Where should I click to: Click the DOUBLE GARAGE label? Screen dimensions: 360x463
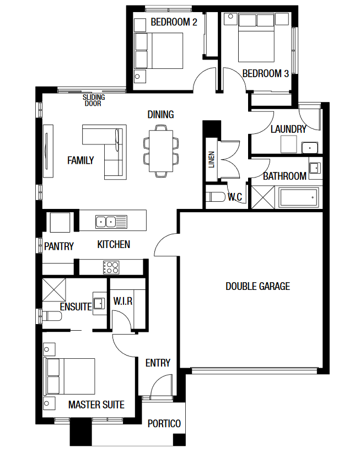click(x=257, y=286)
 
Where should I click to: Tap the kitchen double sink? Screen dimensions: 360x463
click(x=111, y=222)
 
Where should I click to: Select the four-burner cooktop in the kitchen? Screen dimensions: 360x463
click(x=111, y=267)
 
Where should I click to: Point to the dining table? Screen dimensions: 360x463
click(x=160, y=151)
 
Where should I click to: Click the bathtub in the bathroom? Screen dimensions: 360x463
click(x=299, y=197)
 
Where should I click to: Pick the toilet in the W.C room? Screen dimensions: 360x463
click(x=215, y=197)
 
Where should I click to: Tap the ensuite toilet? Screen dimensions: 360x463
click(x=52, y=316)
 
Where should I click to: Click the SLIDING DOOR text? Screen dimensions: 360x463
click(x=94, y=100)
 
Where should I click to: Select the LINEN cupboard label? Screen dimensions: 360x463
click(x=212, y=160)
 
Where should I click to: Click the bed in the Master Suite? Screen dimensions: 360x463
click(x=69, y=376)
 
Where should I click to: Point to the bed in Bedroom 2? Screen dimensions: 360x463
click(x=159, y=51)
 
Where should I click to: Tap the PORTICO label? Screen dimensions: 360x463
click(x=164, y=423)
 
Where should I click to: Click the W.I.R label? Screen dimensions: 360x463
click(x=123, y=301)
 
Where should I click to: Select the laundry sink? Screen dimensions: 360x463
click(x=309, y=147)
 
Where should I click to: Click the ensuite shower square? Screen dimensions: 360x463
click(x=53, y=290)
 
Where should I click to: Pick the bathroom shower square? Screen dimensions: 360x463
click(x=263, y=197)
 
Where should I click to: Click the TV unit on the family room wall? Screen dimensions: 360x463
click(x=48, y=151)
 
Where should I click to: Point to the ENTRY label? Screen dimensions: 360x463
click(x=158, y=363)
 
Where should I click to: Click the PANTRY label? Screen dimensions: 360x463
click(x=59, y=246)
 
